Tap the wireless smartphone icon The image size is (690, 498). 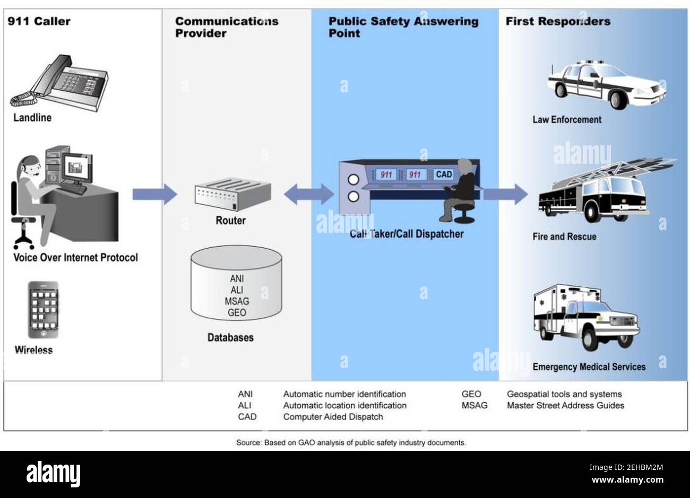pos(44,310)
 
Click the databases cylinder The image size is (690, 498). pos(236,283)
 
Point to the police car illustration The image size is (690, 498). pos(606,85)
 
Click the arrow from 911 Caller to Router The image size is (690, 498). pos(154,194)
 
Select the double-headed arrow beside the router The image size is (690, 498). pos(309,194)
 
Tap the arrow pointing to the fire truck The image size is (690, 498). pos(505,194)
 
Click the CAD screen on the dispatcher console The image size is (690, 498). pos(443,174)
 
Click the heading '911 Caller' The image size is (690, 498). pos(39,21)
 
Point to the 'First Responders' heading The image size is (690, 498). pos(557,21)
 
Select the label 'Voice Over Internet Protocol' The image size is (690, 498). pos(75,258)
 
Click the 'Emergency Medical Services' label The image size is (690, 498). pos(589,366)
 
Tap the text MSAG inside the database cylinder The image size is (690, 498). pos(237,301)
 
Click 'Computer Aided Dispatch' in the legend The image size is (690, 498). pos(333,417)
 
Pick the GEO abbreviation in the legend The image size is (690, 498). pos(471,394)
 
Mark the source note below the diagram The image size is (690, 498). pos(351,442)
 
